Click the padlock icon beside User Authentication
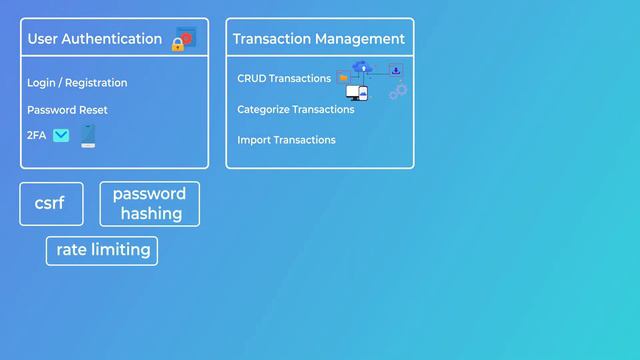178,44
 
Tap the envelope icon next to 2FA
61,135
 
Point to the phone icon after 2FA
88,135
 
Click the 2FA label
37,135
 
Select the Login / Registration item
77,83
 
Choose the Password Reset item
67,110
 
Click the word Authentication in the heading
112,39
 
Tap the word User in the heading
42,39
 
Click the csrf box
50,204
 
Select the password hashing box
149,204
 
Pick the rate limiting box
102,250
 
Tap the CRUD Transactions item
284,78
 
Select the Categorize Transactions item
296,109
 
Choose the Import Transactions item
286,140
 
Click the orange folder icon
343,77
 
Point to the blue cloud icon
362,68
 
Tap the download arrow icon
395,70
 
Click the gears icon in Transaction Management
398,92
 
